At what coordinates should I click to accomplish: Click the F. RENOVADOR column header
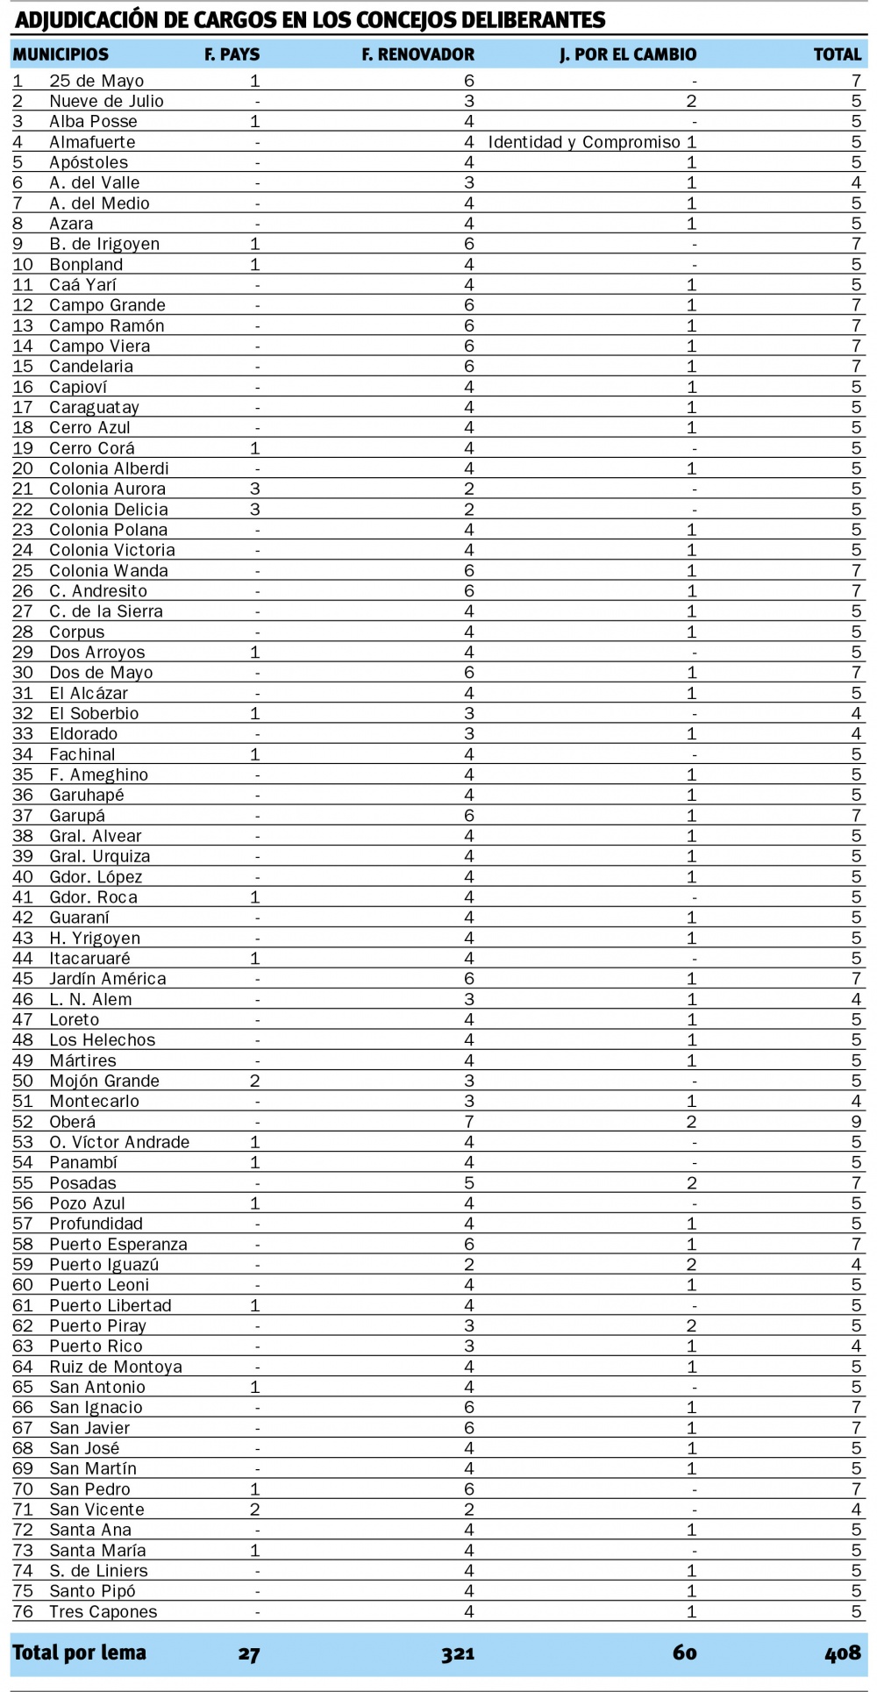click(417, 54)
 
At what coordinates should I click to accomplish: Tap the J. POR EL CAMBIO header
click(628, 54)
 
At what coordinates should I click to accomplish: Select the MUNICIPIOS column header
click(61, 54)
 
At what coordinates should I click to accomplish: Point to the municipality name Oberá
click(73, 1122)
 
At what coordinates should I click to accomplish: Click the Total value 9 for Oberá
click(856, 1122)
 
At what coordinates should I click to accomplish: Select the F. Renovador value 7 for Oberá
click(469, 1122)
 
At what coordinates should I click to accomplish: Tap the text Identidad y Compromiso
click(584, 142)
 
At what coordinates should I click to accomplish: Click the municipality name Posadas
click(82, 1183)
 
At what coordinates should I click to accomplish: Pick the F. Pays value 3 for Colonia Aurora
click(255, 489)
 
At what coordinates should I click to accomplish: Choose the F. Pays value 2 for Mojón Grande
click(255, 1081)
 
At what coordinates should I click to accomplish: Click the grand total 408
click(842, 1653)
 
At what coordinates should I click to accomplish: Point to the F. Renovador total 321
click(458, 1653)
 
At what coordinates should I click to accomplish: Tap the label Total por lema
click(79, 1653)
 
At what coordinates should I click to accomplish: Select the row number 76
click(23, 1611)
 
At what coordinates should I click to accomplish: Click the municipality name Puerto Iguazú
click(104, 1265)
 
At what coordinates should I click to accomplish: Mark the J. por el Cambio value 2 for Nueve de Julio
click(692, 102)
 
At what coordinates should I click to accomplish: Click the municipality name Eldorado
click(83, 734)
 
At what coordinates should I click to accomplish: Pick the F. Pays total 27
click(248, 1653)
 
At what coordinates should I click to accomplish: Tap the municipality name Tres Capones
click(103, 1611)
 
